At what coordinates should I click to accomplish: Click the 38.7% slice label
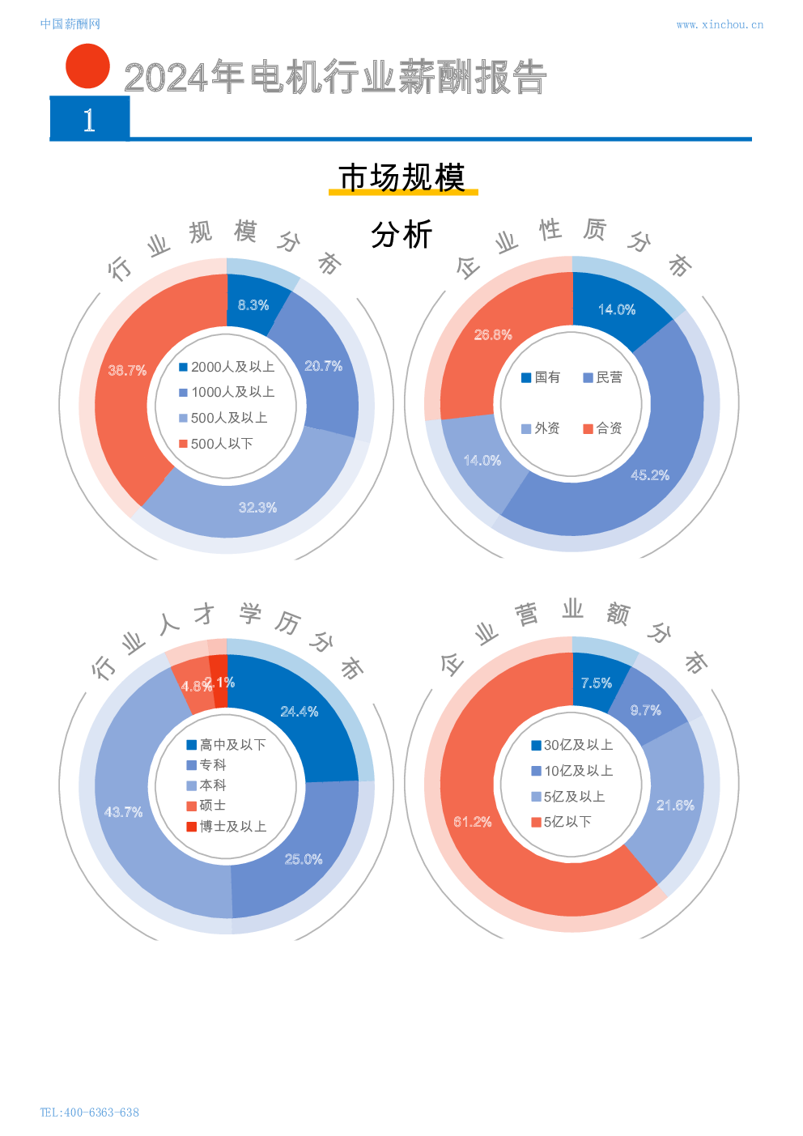(127, 370)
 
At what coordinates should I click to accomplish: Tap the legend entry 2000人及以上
(227, 367)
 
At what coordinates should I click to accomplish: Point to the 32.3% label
(257, 508)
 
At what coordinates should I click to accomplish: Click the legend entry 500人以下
(216, 444)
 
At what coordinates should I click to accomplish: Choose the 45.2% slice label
(650, 475)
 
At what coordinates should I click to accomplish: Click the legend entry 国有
(541, 377)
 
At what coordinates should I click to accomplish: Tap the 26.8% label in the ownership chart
(493, 334)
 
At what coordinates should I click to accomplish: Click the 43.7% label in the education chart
(123, 811)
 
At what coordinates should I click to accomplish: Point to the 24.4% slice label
(299, 712)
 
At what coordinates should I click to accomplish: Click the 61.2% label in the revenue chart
(473, 822)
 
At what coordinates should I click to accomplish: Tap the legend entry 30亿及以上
(572, 745)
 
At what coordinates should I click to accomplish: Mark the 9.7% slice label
(645, 710)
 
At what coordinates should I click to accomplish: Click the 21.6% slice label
(675, 805)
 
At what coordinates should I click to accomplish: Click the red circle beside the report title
(87, 66)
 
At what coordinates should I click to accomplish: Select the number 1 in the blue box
(89, 121)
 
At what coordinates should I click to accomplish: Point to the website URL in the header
(719, 24)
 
